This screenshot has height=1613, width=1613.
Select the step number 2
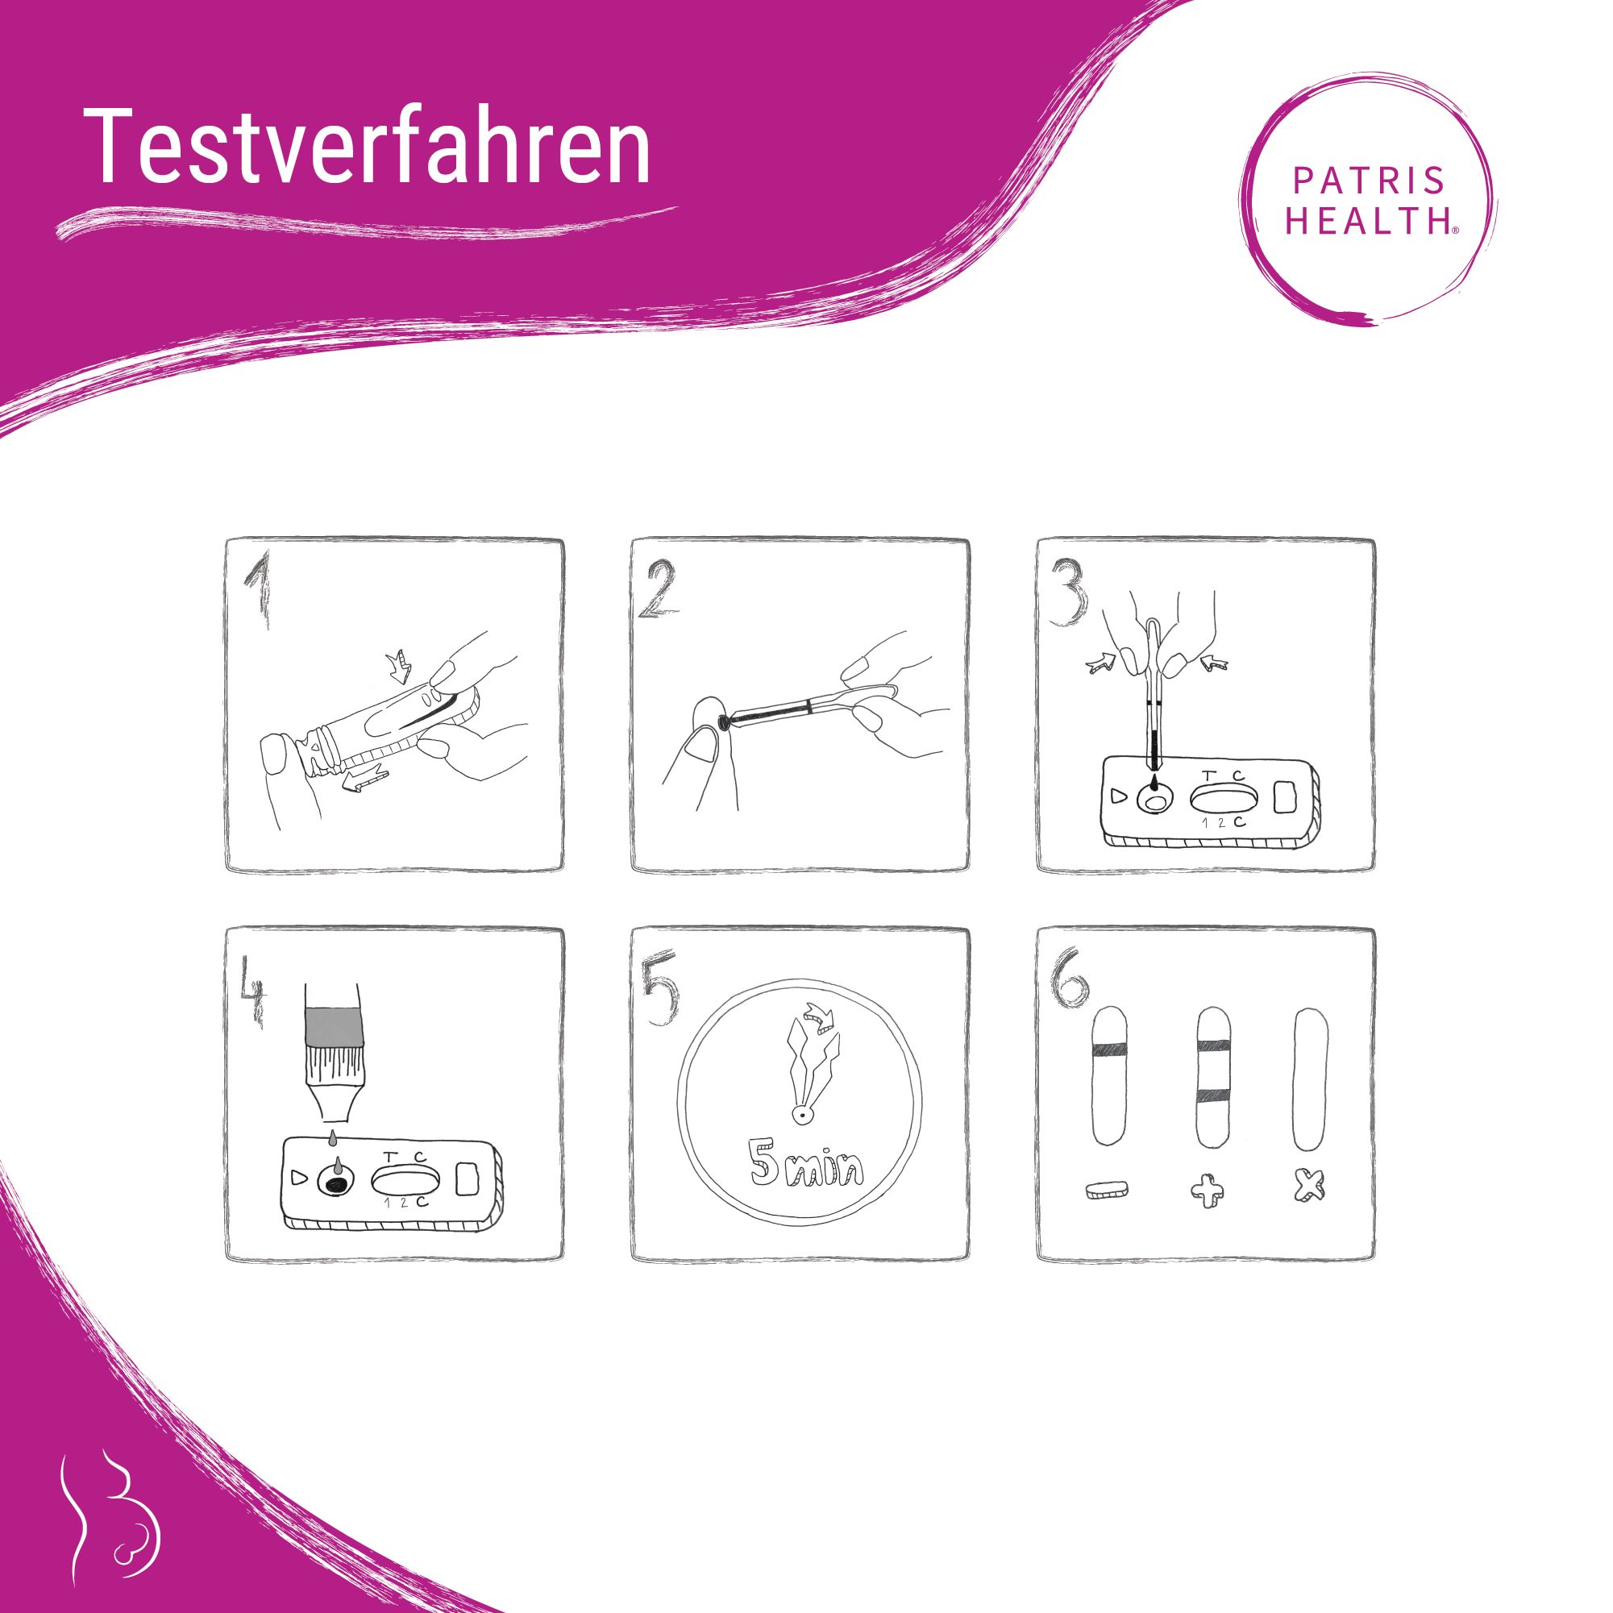(x=661, y=591)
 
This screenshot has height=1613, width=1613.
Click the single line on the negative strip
(x=1109, y=1050)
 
